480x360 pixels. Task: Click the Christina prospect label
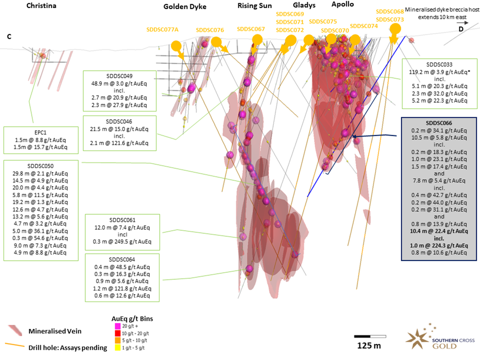(x=41, y=6)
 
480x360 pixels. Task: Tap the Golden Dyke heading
(x=185, y=7)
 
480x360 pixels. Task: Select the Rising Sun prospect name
(x=255, y=6)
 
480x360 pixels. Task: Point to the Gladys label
(x=304, y=5)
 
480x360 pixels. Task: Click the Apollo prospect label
(x=343, y=4)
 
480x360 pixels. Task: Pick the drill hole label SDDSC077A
(x=162, y=30)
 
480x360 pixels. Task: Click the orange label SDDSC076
(x=210, y=30)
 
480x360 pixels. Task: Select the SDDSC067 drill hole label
(x=251, y=29)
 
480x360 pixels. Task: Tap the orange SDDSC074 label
(x=364, y=26)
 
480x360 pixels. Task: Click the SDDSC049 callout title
(x=119, y=76)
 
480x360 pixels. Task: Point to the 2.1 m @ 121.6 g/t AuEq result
(x=119, y=143)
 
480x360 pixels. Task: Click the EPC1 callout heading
(x=41, y=132)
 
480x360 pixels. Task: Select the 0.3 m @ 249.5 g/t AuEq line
(x=122, y=242)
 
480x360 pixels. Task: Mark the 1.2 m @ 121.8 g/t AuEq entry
(x=122, y=288)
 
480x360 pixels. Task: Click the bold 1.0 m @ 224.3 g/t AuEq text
(x=439, y=245)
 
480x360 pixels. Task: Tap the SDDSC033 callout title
(x=439, y=65)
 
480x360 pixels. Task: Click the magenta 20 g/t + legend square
(x=118, y=326)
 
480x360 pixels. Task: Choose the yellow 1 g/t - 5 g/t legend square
(x=118, y=348)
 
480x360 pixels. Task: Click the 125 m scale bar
(x=370, y=337)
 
